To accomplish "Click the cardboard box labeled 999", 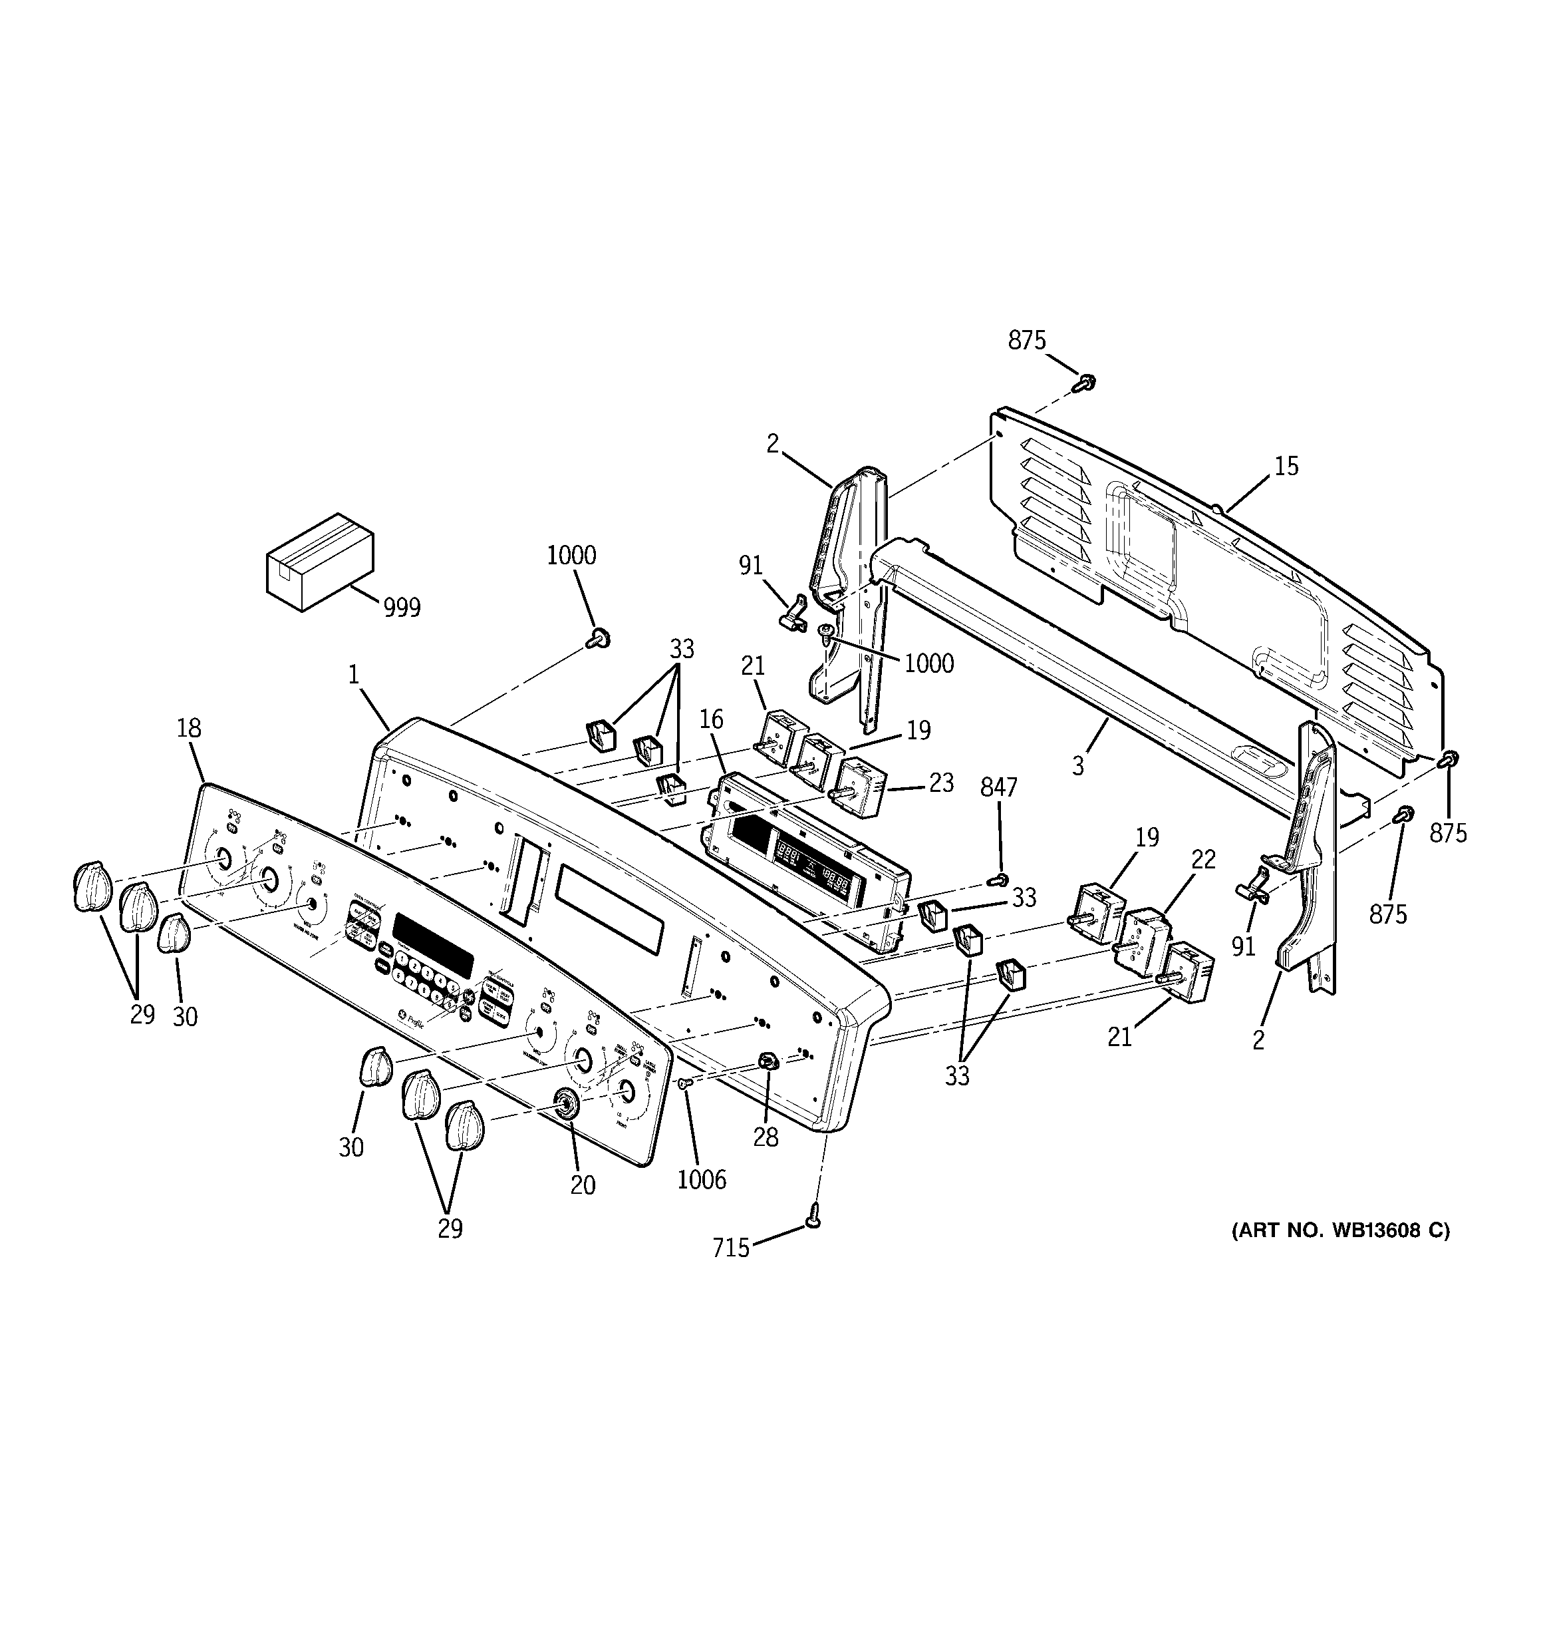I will point(319,562).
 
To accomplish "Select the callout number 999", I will point(402,608).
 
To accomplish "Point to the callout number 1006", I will point(702,1180).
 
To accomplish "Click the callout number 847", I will point(998,788).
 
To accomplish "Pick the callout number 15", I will point(1286,466).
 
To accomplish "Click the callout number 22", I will point(1202,860).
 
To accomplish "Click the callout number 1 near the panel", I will point(354,675).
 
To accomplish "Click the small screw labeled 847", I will point(1000,878).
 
